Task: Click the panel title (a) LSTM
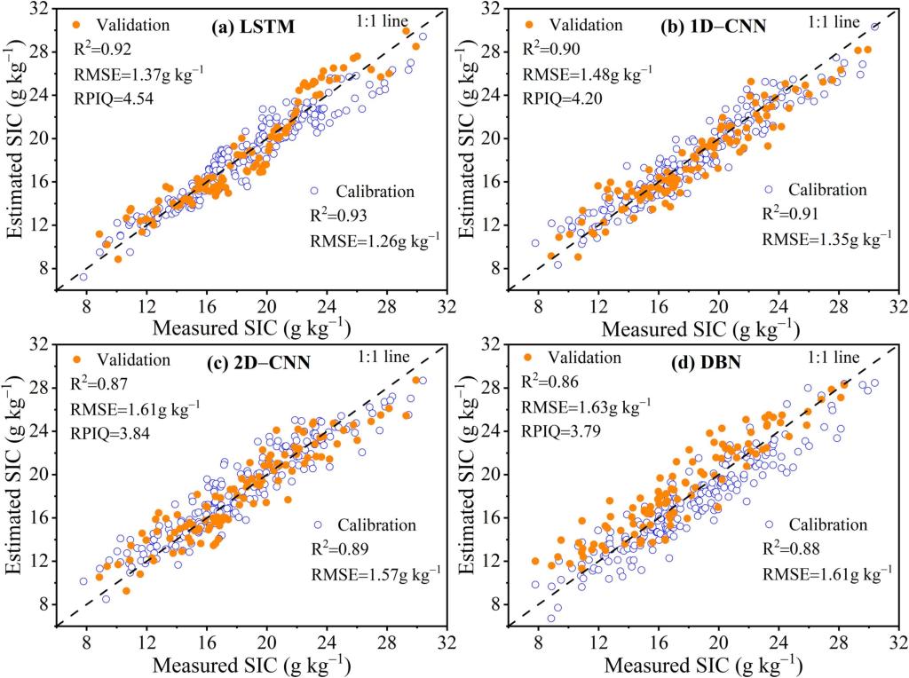tap(253, 28)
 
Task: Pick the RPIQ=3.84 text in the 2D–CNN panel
tap(115, 436)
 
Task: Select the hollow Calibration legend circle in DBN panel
tap(769, 524)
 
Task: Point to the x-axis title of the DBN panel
tap(707, 665)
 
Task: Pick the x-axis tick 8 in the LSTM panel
tap(87, 305)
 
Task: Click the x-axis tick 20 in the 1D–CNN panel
tap(718, 305)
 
